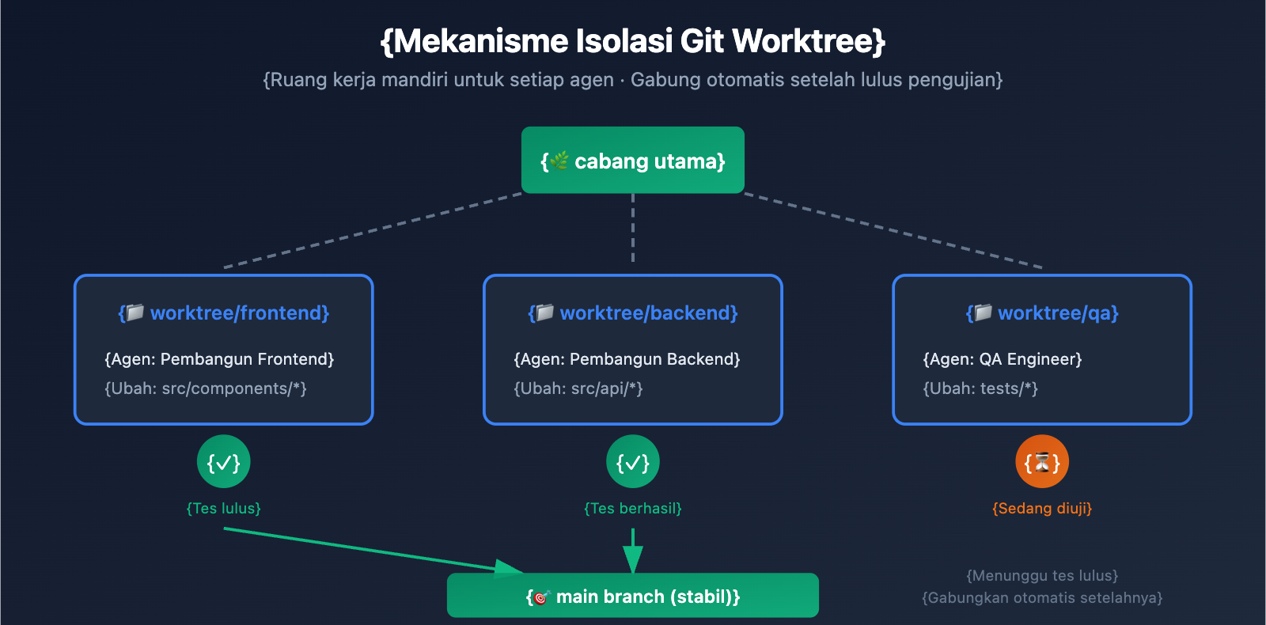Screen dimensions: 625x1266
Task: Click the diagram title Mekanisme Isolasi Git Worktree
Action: coord(633,41)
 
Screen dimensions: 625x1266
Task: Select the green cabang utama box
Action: coord(633,161)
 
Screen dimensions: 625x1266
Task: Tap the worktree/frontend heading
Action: coord(224,313)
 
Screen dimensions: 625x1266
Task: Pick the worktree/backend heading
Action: coord(633,313)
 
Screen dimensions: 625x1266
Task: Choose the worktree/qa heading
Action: coord(1042,313)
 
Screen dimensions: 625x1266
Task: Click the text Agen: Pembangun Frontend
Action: coord(219,359)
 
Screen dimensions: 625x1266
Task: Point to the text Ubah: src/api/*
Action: coord(578,388)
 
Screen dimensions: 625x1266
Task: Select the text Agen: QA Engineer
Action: coord(1003,359)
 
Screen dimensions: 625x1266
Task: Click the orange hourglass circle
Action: coord(1042,462)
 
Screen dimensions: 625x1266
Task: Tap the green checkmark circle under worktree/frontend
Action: coord(224,462)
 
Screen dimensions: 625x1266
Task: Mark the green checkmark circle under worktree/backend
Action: coord(633,462)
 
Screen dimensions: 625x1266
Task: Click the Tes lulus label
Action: coord(224,508)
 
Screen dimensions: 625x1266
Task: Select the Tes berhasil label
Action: coord(633,508)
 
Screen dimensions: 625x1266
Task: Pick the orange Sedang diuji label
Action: coord(1042,508)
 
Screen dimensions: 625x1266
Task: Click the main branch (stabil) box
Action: coord(633,596)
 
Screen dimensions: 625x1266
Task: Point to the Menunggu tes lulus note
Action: coord(1042,575)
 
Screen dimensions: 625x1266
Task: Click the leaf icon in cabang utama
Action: coord(559,161)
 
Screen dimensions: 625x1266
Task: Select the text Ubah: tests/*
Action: coord(980,388)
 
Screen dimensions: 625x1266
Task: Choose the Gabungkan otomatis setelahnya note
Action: coord(1042,597)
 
